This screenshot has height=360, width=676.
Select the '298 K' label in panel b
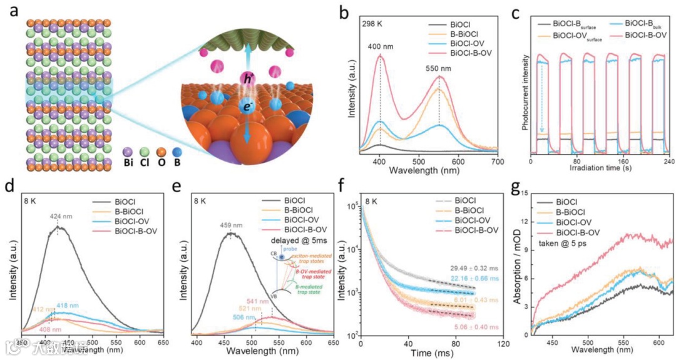click(373, 24)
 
